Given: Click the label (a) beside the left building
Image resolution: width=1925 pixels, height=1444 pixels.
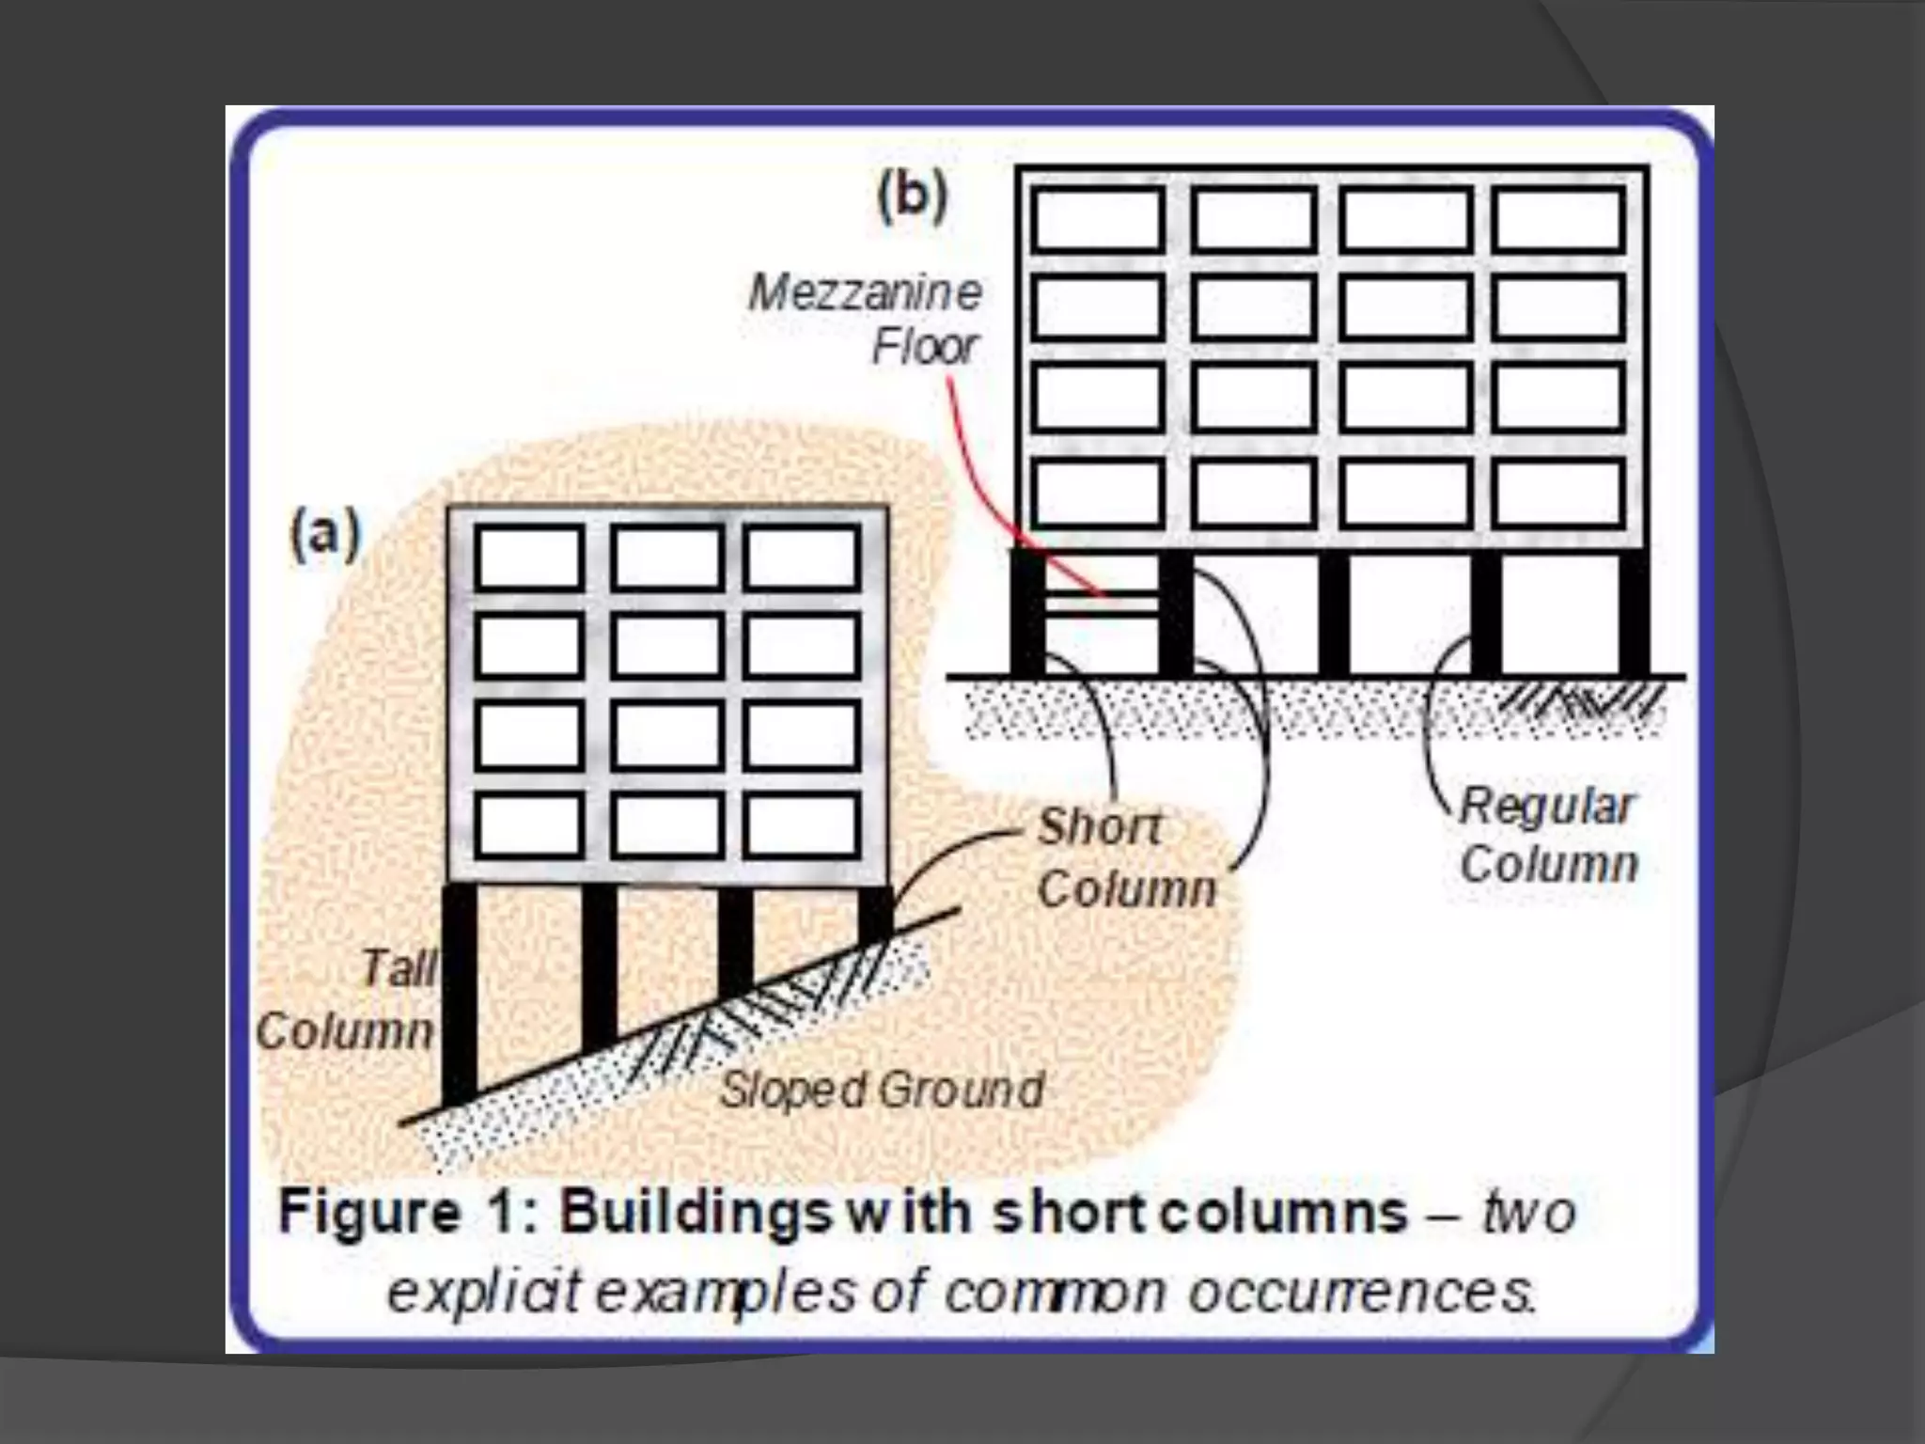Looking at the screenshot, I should point(325,535).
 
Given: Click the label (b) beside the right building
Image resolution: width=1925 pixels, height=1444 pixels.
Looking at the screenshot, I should point(912,198).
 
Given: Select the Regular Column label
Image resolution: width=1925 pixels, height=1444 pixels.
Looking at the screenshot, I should point(1548,835).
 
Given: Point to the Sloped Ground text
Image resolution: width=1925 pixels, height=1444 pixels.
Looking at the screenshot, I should point(882,1090).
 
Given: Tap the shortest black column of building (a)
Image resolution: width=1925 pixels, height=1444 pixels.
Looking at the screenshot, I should point(875,912).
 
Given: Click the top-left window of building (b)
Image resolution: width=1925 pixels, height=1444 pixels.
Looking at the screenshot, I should point(1097,220).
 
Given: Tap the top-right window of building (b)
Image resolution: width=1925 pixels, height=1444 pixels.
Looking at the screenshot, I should point(1557,220).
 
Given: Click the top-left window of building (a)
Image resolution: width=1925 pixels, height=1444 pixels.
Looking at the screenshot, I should point(529,557).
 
